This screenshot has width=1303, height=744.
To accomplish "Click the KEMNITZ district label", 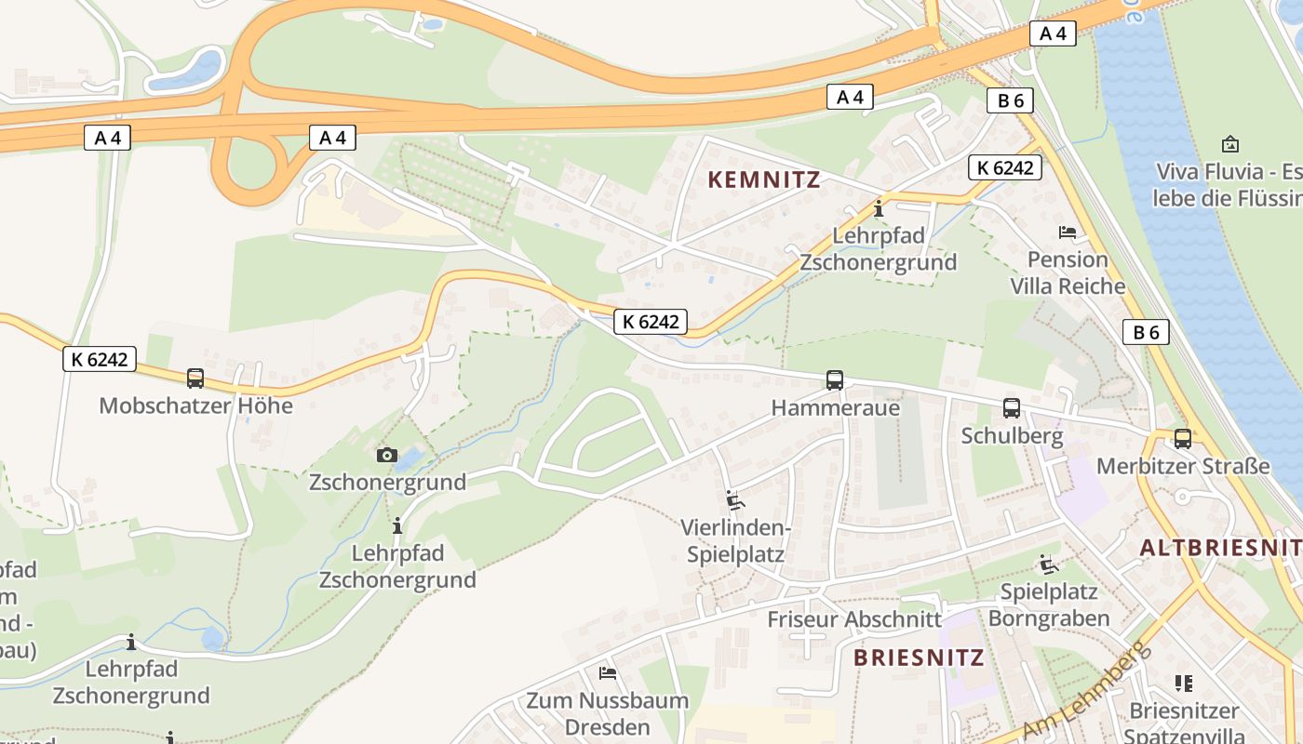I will tap(765, 179).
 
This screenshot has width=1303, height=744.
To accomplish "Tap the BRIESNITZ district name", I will tap(919, 658).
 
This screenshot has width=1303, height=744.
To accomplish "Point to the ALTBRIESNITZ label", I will tap(1220, 548).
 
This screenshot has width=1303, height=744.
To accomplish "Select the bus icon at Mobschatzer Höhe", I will tap(195, 379).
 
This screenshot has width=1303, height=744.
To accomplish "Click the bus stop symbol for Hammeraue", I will tap(835, 380).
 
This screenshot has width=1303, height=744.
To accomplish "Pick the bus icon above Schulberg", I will tap(1012, 408).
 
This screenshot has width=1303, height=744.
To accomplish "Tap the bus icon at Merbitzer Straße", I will tap(1183, 439).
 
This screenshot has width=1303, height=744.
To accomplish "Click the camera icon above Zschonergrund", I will tap(387, 455).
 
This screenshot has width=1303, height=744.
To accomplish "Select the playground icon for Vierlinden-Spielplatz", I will tap(735, 500).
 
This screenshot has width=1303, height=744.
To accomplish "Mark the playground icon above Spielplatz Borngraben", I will tap(1049, 564).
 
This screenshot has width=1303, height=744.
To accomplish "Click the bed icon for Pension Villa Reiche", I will tap(1068, 232).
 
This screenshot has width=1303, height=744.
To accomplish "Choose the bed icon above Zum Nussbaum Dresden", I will tap(608, 672).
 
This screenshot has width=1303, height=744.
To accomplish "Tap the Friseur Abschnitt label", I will tap(854, 619).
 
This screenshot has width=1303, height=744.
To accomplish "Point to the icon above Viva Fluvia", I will tap(1230, 144).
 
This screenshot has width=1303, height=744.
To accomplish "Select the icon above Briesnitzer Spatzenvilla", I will tap(1184, 684).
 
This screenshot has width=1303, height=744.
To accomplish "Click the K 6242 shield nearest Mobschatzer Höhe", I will tap(100, 359).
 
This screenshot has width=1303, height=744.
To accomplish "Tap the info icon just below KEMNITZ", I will tap(879, 208).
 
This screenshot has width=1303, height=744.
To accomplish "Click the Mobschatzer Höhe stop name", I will tap(195, 405).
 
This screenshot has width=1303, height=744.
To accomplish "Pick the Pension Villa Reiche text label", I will tap(1068, 272).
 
